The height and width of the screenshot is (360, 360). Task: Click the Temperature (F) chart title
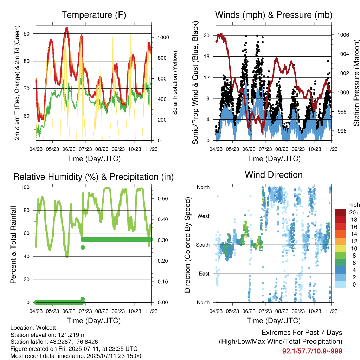[x=94, y=15]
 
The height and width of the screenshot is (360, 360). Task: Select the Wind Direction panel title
[x=274, y=175]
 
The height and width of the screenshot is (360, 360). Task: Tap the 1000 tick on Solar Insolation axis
[x=163, y=37]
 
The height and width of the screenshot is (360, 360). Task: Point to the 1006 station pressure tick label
[x=343, y=35]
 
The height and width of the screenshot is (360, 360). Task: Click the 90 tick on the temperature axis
[x=27, y=34]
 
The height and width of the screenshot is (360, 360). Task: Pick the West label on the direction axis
[x=204, y=216]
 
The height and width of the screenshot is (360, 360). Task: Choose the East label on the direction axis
[x=204, y=274]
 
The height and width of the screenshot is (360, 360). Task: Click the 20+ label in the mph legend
[x=354, y=212]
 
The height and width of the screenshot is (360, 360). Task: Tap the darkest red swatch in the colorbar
[x=340, y=212]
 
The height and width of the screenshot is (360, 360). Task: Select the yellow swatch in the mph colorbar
[x=340, y=248]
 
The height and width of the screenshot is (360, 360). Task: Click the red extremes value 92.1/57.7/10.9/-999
[x=312, y=351]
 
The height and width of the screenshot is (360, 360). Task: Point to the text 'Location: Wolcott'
[x=33, y=328]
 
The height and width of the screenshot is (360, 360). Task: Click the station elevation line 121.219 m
[x=48, y=335]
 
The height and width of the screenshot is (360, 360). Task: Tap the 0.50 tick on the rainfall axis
[x=163, y=199]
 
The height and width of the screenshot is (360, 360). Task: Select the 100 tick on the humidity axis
[x=25, y=187]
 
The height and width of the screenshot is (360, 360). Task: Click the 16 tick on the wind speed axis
[x=207, y=57]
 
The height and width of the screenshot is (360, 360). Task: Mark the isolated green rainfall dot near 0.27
[x=83, y=247]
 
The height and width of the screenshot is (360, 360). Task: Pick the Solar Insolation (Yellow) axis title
[x=175, y=83]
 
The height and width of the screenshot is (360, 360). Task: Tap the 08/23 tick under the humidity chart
[x=102, y=311]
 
